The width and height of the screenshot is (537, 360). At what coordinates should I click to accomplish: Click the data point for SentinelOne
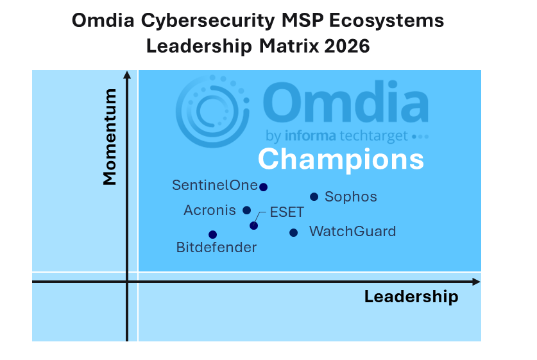(263, 187)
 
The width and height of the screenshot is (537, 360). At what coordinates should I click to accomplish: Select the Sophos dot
(314, 196)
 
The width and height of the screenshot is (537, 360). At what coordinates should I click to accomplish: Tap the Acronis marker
(246, 210)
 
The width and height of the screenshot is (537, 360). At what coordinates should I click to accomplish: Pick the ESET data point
(254, 226)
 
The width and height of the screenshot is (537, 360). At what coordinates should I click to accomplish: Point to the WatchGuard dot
(293, 232)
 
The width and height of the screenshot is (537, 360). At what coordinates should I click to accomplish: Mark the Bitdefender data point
(212, 235)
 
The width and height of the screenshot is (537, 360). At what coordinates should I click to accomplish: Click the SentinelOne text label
(215, 185)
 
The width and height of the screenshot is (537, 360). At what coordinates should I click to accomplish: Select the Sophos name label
(351, 197)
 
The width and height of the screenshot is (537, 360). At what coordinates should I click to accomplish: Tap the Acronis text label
(210, 210)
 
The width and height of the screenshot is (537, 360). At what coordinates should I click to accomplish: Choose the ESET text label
(287, 212)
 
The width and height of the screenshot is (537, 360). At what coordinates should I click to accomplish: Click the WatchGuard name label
(352, 232)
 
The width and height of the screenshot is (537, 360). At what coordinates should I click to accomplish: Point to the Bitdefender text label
(216, 247)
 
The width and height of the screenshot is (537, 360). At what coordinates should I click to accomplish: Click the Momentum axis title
(110, 137)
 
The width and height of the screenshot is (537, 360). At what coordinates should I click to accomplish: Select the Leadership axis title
(411, 296)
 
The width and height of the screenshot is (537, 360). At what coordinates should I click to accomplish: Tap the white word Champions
(341, 160)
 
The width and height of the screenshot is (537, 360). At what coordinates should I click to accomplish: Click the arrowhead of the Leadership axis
(477, 282)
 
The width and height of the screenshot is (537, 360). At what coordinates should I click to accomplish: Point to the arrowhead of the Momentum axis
(127, 75)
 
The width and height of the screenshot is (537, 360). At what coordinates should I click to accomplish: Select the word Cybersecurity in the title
(208, 21)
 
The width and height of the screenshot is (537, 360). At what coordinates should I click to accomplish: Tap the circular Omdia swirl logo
(212, 112)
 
